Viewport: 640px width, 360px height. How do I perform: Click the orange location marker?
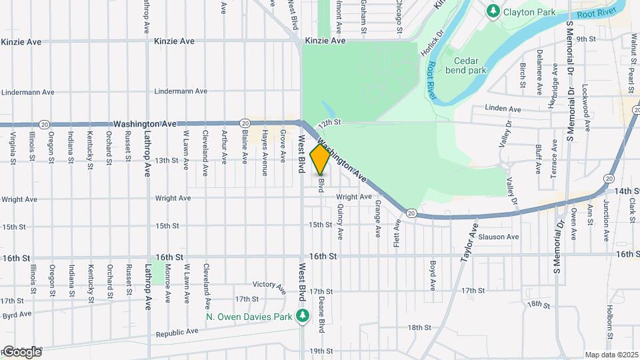tap(320, 159)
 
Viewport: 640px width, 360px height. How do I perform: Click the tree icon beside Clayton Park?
tap(493, 11)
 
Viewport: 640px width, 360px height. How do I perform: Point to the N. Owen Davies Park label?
tap(249, 317)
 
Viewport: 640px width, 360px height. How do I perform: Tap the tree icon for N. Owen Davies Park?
tap(303, 315)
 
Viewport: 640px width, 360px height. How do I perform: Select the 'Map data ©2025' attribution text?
tap(611, 355)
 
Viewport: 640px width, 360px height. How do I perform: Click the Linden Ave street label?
tap(503, 108)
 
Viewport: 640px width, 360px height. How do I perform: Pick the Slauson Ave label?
tap(503, 237)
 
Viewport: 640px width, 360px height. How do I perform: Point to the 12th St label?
tap(329, 123)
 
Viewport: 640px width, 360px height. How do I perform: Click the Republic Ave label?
tap(177, 331)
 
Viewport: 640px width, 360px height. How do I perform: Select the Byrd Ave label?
tap(17, 314)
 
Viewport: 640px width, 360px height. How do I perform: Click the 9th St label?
tap(585, 39)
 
